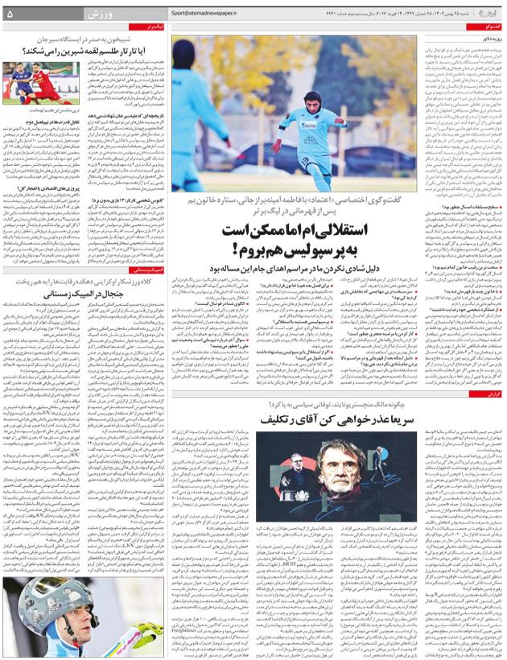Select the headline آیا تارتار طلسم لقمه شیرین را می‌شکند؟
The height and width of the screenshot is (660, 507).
[x=76, y=51]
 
